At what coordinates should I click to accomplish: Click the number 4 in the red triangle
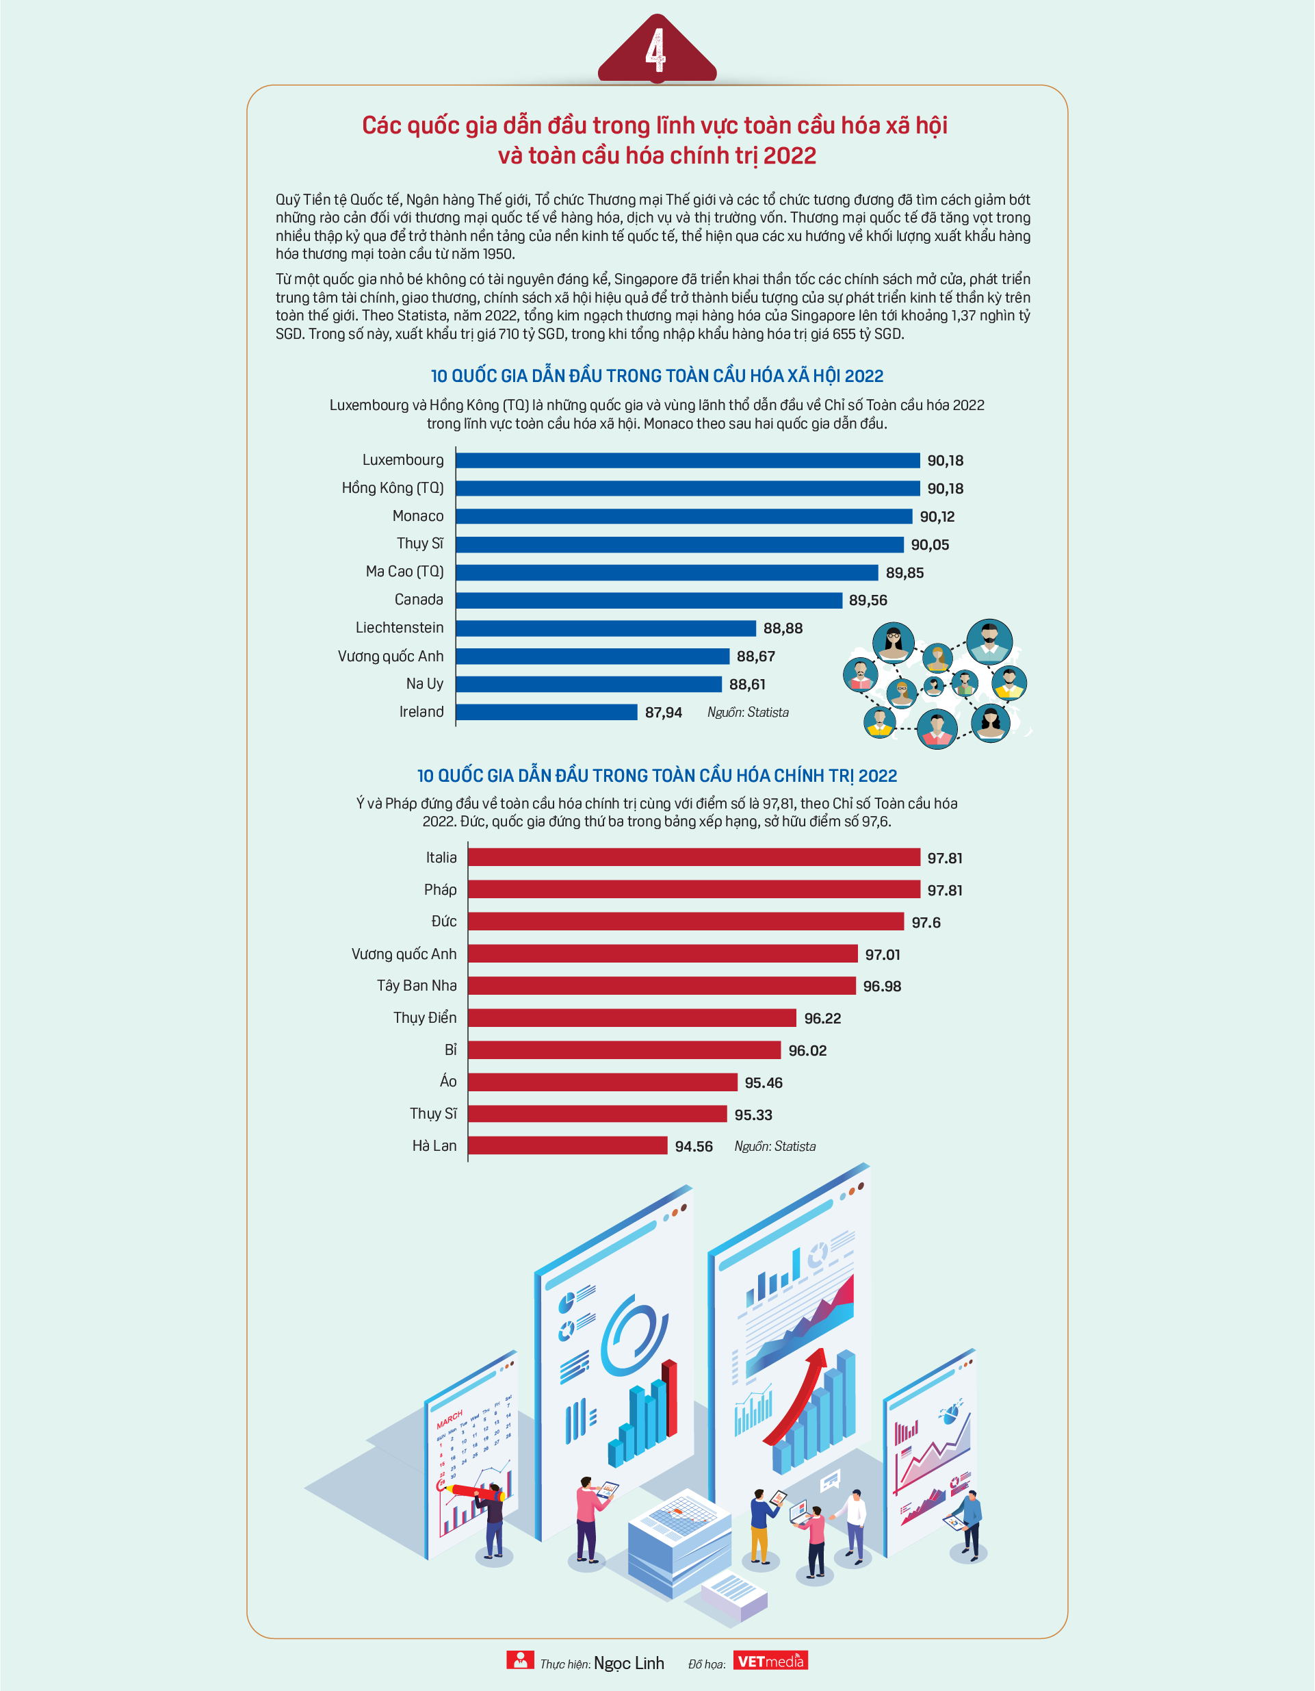click(656, 51)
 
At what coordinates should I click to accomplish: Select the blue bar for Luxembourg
click(688, 461)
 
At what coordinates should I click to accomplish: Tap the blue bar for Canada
click(649, 600)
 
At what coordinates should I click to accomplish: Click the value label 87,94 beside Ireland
click(663, 712)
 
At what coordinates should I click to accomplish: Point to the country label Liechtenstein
click(400, 628)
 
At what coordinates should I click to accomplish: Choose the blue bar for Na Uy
click(589, 685)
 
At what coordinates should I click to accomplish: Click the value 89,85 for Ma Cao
click(904, 573)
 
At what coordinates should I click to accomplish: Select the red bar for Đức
click(686, 921)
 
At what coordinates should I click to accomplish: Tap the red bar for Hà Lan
click(567, 1145)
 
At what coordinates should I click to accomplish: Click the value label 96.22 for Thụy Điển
click(822, 1018)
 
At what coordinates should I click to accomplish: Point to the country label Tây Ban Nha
click(417, 986)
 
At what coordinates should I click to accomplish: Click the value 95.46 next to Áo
click(763, 1082)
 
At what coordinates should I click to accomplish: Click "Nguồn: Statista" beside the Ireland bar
click(748, 712)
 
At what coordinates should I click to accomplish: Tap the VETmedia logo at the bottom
click(770, 1660)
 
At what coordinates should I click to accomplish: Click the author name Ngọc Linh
click(629, 1663)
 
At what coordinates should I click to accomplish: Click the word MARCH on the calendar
click(449, 1419)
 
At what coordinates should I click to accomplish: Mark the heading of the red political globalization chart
click(657, 776)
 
